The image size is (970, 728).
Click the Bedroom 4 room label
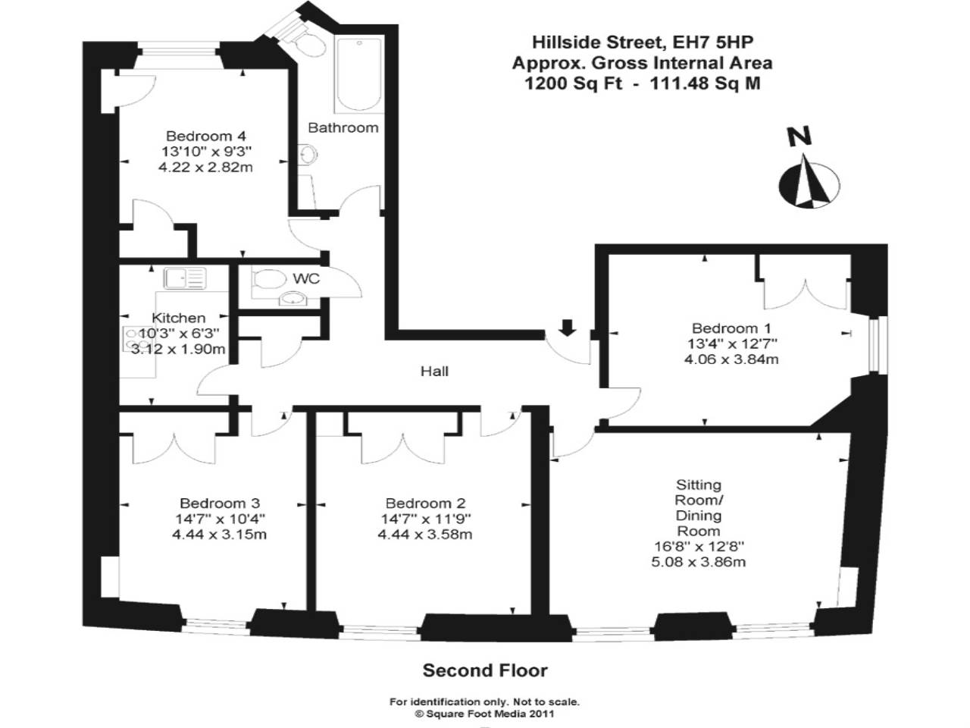click(199, 136)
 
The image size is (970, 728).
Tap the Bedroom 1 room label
click(731, 328)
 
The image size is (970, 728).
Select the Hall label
click(434, 371)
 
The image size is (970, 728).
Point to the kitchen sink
click(185, 279)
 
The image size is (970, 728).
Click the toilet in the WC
click(265, 279)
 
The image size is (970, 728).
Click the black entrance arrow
click(567, 327)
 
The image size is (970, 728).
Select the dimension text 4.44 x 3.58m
click(424, 535)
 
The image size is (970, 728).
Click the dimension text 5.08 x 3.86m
click(699, 562)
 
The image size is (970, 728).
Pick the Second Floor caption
click(485, 670)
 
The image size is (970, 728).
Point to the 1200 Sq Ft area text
click(574, 83)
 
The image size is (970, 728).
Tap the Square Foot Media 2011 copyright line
click(485, 714)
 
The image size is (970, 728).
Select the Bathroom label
click(343, 127)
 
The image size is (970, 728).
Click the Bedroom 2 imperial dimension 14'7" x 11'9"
click(424, 519)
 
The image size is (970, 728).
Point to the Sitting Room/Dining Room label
click(699, 507)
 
